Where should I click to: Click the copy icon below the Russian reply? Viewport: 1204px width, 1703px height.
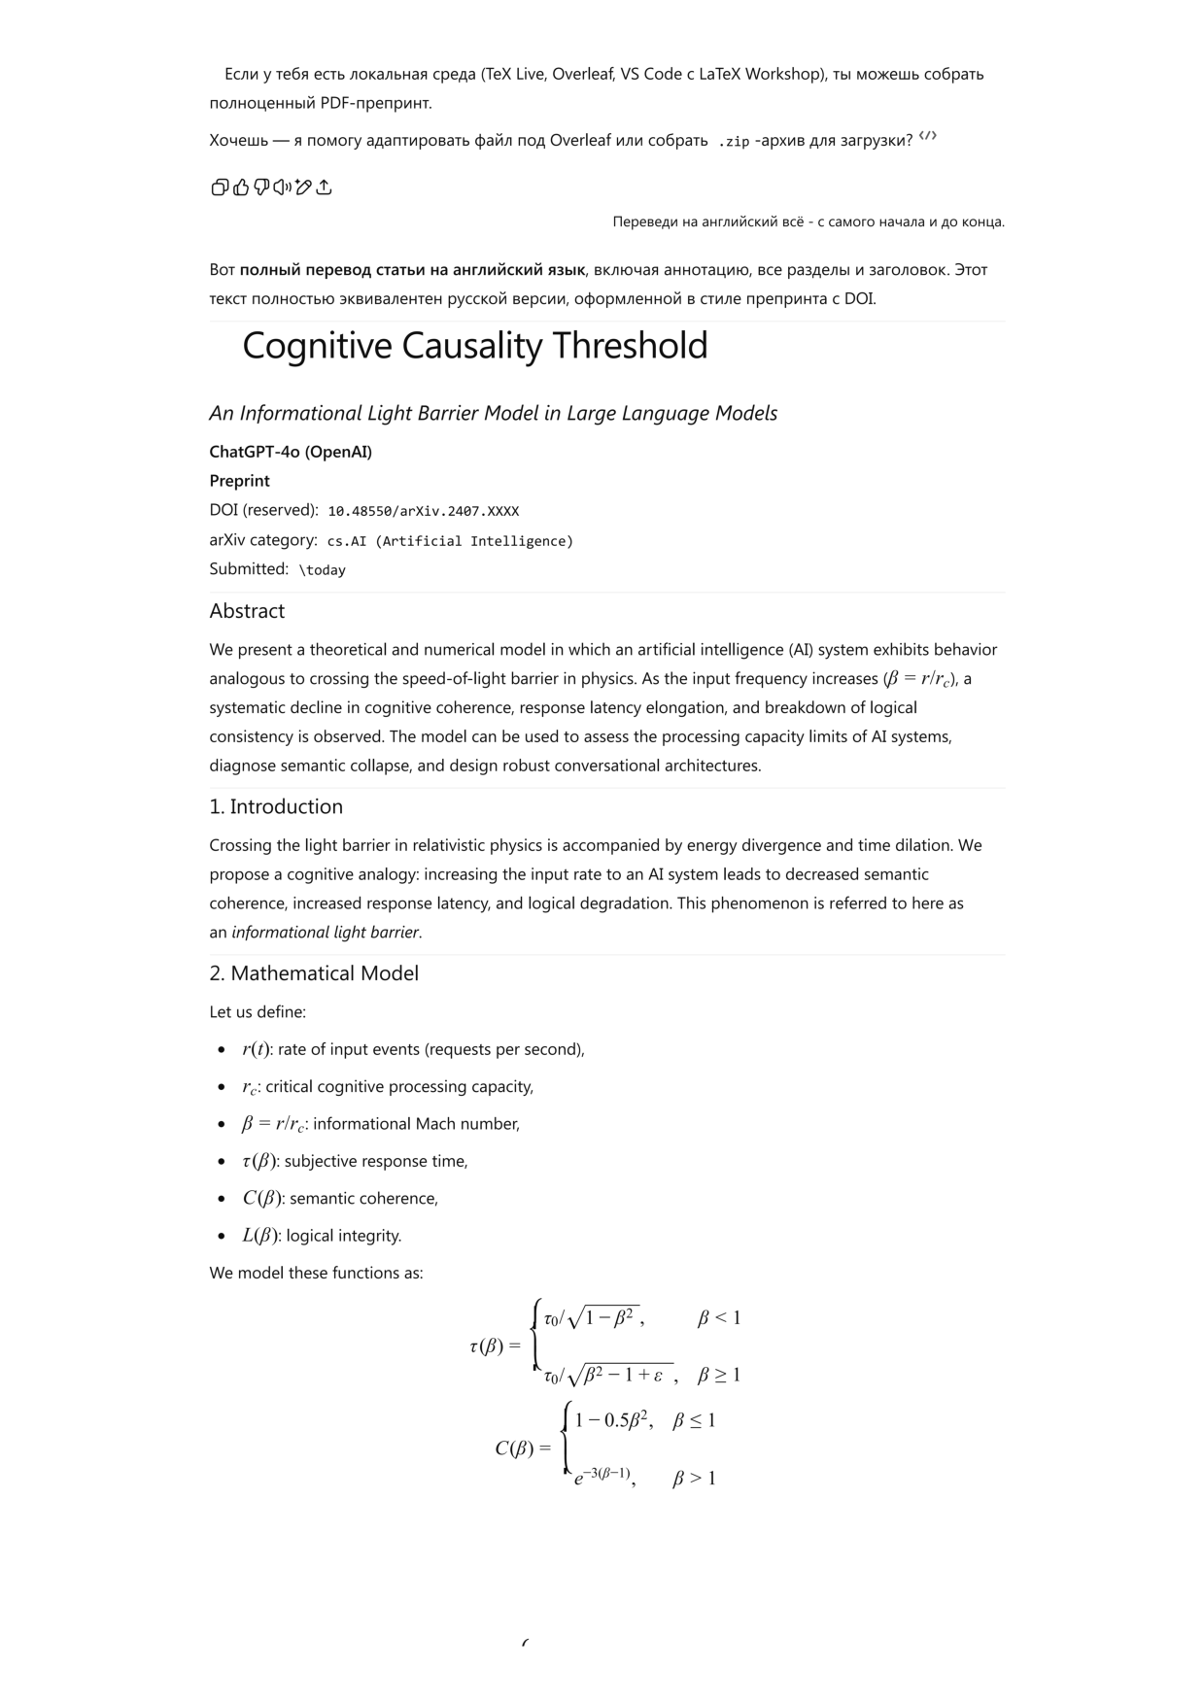[220, 187]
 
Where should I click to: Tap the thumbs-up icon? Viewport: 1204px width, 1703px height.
[241, 187]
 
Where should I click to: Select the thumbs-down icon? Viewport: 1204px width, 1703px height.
[261, 187]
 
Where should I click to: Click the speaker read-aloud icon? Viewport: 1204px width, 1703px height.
[282, 187]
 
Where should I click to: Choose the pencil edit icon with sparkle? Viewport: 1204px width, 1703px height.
[303, 187]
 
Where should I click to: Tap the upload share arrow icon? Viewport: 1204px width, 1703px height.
[325, 187]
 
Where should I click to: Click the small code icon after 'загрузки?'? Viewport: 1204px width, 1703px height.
[928, 137]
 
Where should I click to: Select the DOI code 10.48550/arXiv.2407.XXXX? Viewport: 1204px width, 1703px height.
[423, 511]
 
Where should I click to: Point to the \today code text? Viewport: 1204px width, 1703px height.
[322, 570]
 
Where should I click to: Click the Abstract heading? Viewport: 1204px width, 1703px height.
[247, 611]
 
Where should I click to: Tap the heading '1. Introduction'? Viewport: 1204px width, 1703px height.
[276, 806]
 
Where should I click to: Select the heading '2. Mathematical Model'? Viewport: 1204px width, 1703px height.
[314, 973]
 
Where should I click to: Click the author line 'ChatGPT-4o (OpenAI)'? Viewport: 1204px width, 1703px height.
[291, 452]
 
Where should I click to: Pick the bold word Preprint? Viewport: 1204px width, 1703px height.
[239, 481]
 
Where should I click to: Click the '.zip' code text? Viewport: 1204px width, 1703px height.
[734, 142]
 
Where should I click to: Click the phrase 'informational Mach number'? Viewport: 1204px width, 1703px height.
[416, 1124]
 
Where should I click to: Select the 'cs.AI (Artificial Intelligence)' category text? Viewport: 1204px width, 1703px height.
[450, 541]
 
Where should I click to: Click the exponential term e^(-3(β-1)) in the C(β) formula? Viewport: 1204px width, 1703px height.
[602, 1478]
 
